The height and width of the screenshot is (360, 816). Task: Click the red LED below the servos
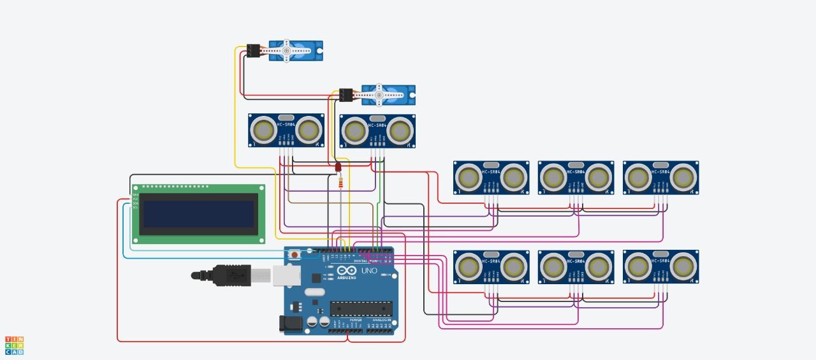tap(339, 167)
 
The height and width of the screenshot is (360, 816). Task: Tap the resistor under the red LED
tap(341, 184)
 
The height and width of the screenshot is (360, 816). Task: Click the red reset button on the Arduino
tap(295, 255)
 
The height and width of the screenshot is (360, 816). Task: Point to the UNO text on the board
tap(369, 271)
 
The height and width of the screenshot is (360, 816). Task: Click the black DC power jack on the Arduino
tap(290, 324)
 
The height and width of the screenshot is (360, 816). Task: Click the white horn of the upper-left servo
tap(286, 50)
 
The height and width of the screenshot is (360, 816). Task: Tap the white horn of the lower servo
tap(380, 94)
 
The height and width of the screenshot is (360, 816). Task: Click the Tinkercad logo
tap(14, 345)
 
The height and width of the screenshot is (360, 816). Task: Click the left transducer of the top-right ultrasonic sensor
tap(638, 178)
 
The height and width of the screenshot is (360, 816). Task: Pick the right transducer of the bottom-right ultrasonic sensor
tap(682, 267)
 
